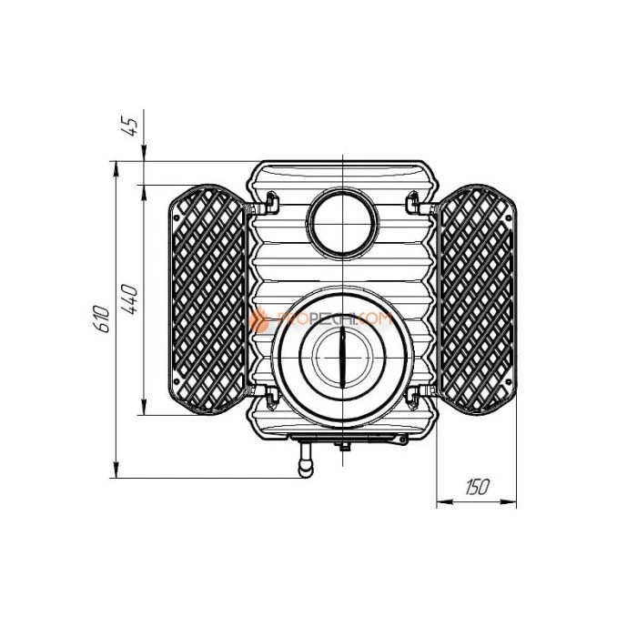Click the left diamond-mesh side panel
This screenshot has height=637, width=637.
pos(207,299)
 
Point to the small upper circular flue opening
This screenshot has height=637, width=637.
pos(341,221)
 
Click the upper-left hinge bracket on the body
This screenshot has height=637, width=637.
pos(270,197)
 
